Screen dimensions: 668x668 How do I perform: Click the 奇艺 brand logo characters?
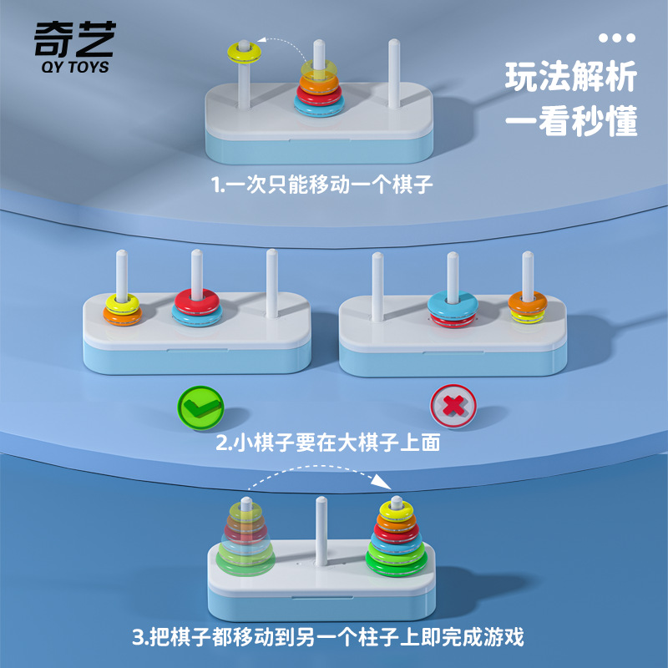coord(74,38)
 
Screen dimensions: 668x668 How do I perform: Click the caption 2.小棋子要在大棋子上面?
coord(327,443)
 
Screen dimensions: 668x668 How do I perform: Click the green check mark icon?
coord(200,407)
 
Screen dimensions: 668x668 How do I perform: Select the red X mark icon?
coord(453,407)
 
